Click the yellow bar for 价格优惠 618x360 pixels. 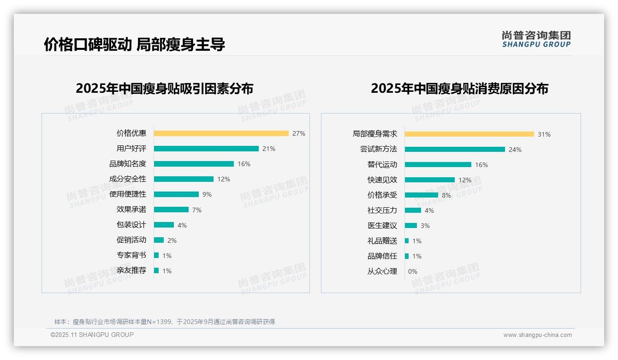coord(221,133)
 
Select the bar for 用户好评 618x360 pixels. coord(206,149)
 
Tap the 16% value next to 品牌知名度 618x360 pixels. coord(244,164)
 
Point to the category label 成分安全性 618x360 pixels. coord(127,179)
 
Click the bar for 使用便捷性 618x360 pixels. coord(176,194)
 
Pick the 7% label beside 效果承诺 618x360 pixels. coord(197,210)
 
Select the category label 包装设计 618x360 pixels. coord(131,225)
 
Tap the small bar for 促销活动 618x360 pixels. coord(159,240)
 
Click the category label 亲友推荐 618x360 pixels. coord(131,270)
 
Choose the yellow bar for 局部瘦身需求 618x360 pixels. coord(469,134)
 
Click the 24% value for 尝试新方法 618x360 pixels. coord(515,150)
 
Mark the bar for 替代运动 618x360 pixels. coord(438,165)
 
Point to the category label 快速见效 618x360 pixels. coord(382,180)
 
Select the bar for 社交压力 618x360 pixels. coord(413,210)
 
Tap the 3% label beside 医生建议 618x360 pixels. coord(425,226)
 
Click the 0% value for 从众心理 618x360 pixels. coord(413,271)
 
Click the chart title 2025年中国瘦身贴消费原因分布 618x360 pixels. coord(459,89)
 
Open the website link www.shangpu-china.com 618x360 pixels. coord(537,335)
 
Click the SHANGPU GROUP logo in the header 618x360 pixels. coord(536,39)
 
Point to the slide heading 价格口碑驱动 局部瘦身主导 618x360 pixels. coord(134,45)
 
